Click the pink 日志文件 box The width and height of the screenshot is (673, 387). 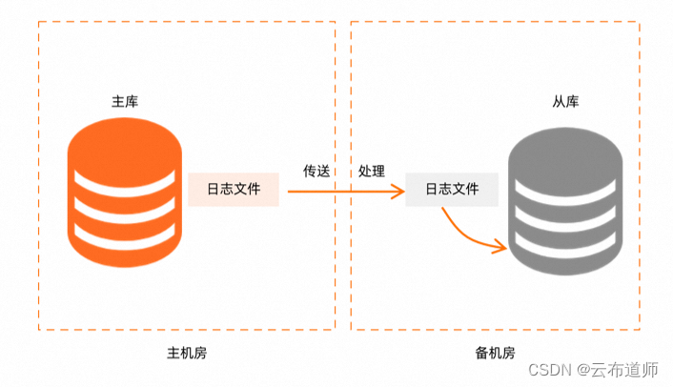point(234,190)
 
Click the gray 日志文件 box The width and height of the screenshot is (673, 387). point(452,190)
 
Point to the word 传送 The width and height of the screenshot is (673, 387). point(316,172)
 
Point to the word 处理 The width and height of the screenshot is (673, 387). point(372,172)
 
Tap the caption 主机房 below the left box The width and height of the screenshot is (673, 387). point(186,353)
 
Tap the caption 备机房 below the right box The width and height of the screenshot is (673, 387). point(495,353)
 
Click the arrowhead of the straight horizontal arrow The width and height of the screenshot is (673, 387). point(398,191)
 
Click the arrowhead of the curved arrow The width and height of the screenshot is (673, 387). point(500,250)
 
